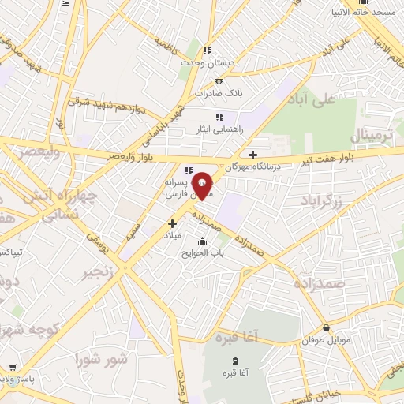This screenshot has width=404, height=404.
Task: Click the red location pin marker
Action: (203, 185)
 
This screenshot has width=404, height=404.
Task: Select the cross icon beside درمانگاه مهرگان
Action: (252, 155)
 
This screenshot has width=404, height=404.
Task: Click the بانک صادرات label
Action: (223, 93)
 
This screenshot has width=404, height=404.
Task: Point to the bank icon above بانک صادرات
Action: (219, 81)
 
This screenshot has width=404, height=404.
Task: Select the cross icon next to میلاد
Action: (172, 223)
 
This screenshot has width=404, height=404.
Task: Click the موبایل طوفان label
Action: (324, 342)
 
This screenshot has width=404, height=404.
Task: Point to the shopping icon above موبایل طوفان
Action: (326, 328)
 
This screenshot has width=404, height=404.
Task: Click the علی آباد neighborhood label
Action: (335, 99)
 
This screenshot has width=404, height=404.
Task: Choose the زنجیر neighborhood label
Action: (101, 274)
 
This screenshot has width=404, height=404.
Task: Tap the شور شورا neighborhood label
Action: (100, 359)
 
